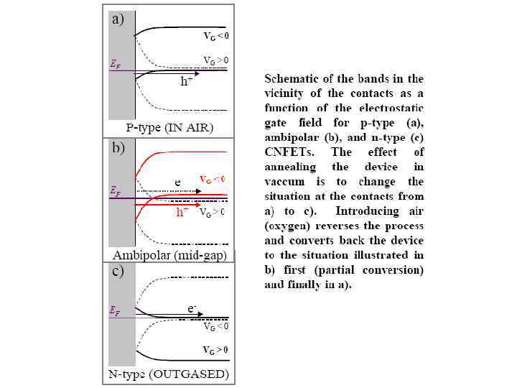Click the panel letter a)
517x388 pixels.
tap(118, 20)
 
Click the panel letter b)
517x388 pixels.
tap(118, 149)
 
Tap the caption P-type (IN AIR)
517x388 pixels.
tap(169, 128)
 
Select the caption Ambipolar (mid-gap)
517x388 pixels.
tap(169, 254)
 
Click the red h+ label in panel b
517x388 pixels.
tap(185, 213)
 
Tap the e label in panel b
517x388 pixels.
tap(177, 183)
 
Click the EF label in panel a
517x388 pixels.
tap(115, 64)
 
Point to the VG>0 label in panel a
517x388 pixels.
tap(215, 60)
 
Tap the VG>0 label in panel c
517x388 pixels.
tap(215, 350)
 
